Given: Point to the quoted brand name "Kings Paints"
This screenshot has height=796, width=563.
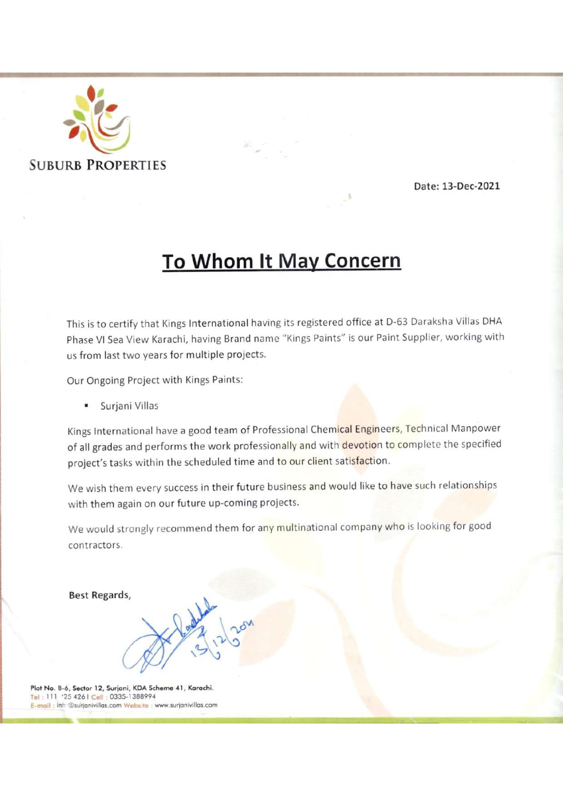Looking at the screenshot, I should click(x=312, y=338).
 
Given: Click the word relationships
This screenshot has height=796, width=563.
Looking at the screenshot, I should click(x=467, y=485).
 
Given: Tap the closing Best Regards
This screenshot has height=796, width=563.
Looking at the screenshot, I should click(x=100, y=595).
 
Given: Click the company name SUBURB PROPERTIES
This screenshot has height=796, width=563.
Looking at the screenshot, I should click(x=97, y=165).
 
